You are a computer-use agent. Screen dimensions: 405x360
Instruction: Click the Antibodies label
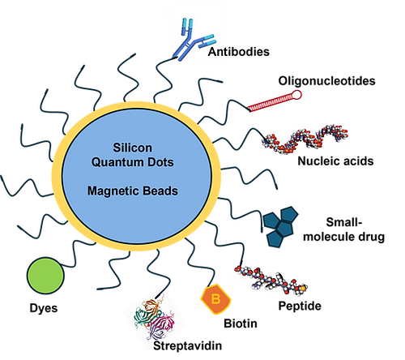tap(239, 52)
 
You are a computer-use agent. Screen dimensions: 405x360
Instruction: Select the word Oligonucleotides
tap(326, 81)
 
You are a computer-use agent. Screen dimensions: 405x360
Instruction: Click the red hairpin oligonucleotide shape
tap(274, 102)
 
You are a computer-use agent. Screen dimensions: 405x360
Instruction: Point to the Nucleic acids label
tap(335, 161)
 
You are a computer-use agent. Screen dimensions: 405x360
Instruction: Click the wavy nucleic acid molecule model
tap(305, 139)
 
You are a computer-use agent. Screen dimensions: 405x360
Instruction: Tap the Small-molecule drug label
tap(343, 229)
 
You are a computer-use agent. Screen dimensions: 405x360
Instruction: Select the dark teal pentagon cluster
tap(281, 226)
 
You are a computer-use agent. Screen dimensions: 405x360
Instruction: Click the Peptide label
tap(300, 306)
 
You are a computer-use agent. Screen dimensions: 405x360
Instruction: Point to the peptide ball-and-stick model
tap(271, 280)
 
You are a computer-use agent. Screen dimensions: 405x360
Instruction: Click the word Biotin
tap(241, 324)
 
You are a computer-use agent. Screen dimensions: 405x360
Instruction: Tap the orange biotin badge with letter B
tap(215, 299)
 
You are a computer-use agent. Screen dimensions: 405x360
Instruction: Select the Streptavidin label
tap(188, 345)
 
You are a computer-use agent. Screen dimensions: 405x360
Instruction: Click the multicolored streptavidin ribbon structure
tap(154, 319)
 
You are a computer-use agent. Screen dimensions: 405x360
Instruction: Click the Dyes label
tap(44, 308)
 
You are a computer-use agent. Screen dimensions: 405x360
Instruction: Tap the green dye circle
tap(45, 276)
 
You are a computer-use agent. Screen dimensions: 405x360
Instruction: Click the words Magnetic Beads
tap(133, 191)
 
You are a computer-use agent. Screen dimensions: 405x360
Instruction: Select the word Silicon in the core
tap(132, 148)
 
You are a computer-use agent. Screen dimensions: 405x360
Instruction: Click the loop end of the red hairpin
tap(296, 95)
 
